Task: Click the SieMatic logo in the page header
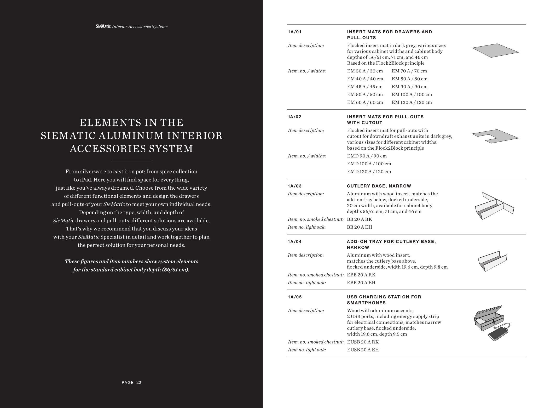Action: pos(103,26)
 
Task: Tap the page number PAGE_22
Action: pos(131,382)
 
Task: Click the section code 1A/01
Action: pos(294,32)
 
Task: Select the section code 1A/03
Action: pos(294,186)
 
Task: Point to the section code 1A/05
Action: pos(294,297)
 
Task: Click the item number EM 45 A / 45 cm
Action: pos(364,87)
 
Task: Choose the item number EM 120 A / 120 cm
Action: pos(412,102)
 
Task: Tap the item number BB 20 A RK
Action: pos(359,219)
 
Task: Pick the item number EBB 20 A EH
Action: pos(361,282)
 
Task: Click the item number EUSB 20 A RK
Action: pos(363,342)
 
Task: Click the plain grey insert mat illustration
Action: pos(495,50)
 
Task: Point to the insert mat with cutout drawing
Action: pos(495,136)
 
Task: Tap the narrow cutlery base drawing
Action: pos(494,207)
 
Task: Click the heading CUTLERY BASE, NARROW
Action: pos(379,186)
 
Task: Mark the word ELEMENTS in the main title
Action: pos(105,123)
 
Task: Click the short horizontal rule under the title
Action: pos(131,161)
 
